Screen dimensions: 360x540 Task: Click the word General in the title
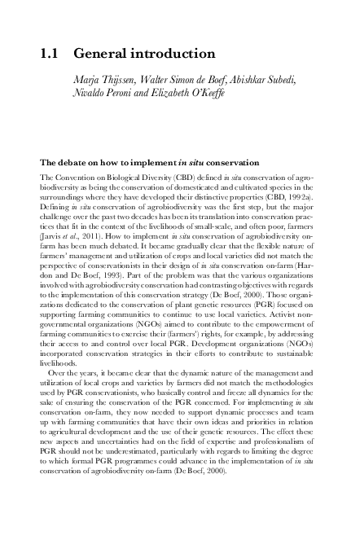click(104, 55)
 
